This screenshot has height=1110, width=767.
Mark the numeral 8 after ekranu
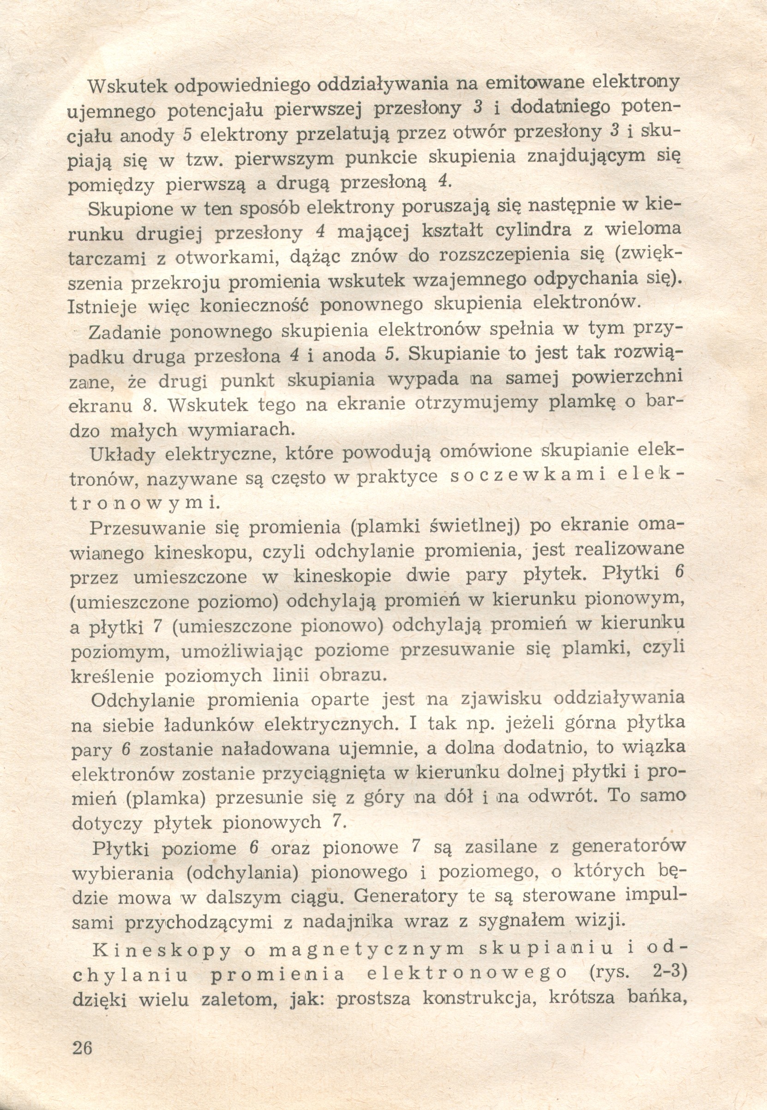coord(148,406)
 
